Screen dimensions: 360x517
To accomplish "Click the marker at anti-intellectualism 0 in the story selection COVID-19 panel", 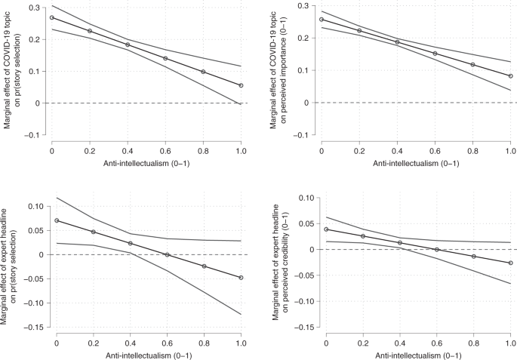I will pos(52,17).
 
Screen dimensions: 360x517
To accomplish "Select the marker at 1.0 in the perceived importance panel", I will pos(510,75).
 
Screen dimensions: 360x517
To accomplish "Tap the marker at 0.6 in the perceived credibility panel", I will pos(437,250).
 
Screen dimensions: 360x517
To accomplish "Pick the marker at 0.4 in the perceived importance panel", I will pos(397,42).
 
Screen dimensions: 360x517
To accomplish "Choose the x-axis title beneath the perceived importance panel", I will pos(416,164).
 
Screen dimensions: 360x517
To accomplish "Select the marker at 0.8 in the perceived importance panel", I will pos(472,65).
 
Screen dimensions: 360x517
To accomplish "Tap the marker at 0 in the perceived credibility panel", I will pos(326,229).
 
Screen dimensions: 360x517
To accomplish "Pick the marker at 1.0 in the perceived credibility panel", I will pos(510,263).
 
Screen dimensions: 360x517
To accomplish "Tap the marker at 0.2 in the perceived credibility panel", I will pos(363,236).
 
